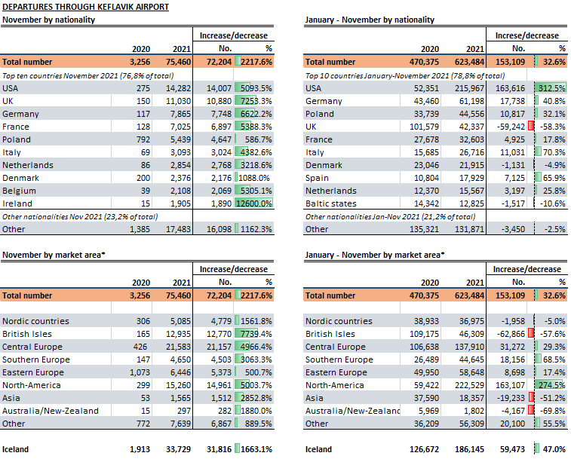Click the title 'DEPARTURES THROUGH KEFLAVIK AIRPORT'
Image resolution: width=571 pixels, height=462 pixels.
click(85, 7)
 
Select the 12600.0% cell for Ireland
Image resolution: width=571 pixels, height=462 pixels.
click(253, 203)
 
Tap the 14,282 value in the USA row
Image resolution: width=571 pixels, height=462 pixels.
click(178, 88)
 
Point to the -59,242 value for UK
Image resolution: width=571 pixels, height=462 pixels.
click(511, 127)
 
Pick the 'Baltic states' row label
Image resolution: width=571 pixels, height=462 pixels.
click(330, 203)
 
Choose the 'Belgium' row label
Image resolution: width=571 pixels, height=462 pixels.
click(19, 191)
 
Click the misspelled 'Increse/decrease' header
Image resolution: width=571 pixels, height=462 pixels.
click(526, 35)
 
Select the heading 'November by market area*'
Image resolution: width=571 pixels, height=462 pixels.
click(54, 255)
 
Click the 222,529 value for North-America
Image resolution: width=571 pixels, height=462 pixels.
click(469, 385)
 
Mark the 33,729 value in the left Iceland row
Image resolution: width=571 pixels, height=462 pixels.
click(178, 449)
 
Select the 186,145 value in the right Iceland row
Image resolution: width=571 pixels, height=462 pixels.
click(469, 449)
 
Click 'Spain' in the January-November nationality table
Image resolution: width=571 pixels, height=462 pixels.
click(317, 179)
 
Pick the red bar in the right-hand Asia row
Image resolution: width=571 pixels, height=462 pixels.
click(531, 398)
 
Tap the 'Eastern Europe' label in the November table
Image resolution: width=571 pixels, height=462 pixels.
click(32, 372)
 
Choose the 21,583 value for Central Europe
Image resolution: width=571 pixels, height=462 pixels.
click(178, 347)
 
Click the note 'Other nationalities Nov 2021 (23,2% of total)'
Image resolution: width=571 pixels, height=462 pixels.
click(80, 217)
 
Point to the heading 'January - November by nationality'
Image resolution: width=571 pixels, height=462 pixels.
click(370, 20)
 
